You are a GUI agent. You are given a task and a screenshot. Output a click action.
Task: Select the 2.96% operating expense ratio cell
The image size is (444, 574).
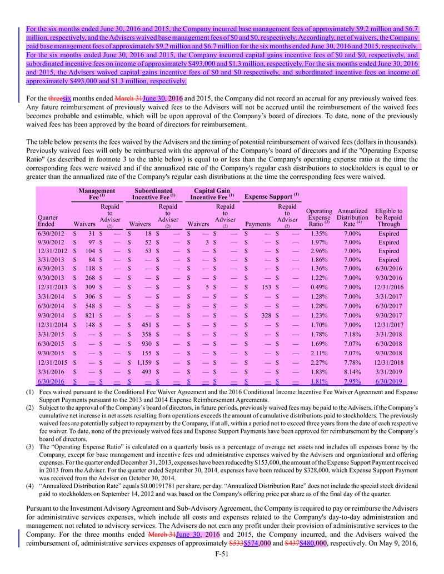pos(320,251)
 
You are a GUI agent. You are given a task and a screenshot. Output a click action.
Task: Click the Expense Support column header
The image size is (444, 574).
pos(272,197)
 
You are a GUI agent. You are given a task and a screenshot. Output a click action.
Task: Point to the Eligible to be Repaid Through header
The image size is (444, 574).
pos(388,218)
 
